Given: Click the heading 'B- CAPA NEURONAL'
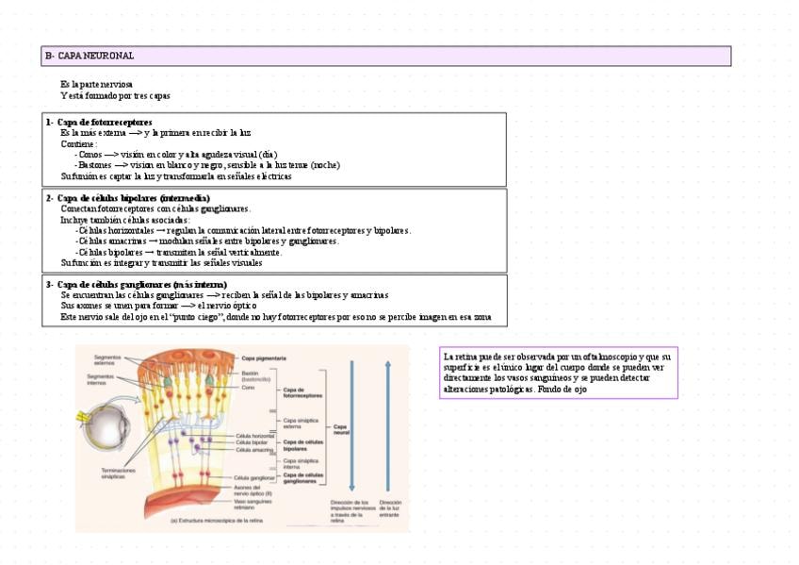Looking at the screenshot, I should click(x=90, y=57).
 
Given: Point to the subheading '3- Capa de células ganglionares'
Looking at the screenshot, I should click(x=136, y=284).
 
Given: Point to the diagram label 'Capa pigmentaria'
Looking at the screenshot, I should click(x=265, y=358).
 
